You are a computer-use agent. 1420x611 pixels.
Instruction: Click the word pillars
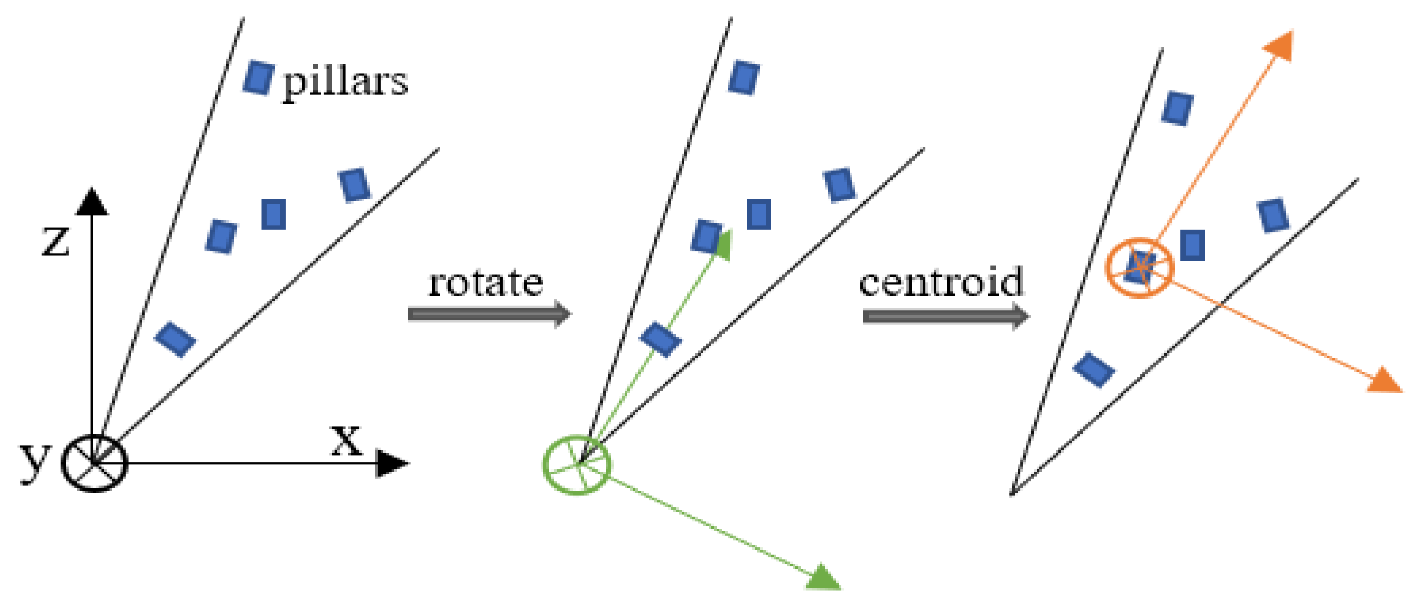click(345, 82)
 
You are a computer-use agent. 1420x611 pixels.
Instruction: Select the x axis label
click(346, 439)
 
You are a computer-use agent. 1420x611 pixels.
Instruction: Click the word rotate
click(486, 283)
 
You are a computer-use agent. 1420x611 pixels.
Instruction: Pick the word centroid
click(942, 283)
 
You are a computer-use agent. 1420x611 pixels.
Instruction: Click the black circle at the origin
click(94, 462)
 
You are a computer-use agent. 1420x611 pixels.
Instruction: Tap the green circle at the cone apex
click(577, 464)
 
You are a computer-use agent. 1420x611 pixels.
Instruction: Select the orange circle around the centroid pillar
click(1140, 268)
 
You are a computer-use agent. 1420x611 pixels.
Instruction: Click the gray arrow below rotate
click(489, 314)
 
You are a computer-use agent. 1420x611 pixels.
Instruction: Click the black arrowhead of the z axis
click(92, 202)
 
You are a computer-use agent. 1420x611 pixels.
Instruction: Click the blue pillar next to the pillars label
click(258, 77)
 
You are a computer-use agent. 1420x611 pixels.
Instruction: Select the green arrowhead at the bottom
click(824, 577)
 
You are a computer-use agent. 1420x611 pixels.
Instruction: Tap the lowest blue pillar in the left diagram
click(175, 339)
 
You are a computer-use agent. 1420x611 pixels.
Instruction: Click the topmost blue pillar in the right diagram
click(1177, 108)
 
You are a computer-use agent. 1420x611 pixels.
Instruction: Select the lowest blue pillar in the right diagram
click(1093, 369)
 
